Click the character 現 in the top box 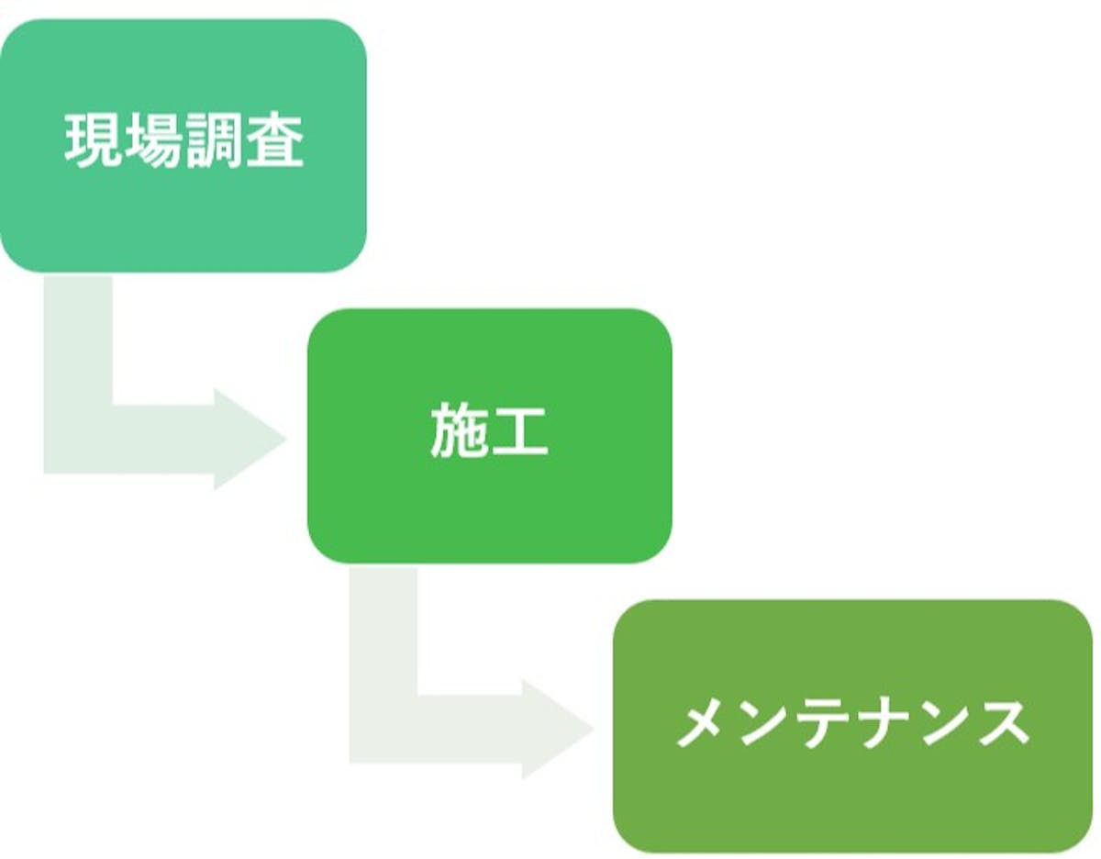pyautogui.click(x=94, y=141)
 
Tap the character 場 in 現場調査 pyautogui.click(x=154, y=141)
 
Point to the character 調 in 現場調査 pyautogui.click(x=215, y=141)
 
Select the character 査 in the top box pyautogui.click(x=274, y=141)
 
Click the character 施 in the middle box pyautogui.click(x=459, y=431)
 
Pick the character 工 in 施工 pyautogui.click(x=519, y=431)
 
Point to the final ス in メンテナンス pyautogui.click(x=1002, y=722)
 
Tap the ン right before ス pyautogui.click(x=943, y=722)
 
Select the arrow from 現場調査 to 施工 pyautogui.click(x=138, y=439)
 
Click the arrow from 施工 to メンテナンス pyautogui.click(x=440, y=730)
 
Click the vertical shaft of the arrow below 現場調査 pyautogui.click(x=78, y=340)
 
